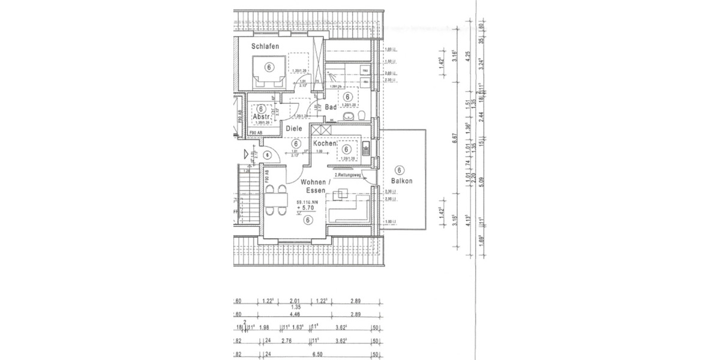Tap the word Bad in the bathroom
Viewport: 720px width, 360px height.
pos(331,107)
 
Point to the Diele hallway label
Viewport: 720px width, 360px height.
pos(293,128)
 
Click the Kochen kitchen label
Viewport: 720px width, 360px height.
pos(324,143)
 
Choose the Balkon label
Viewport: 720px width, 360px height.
pos(401,181)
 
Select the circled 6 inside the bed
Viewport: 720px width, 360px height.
pos(268,67)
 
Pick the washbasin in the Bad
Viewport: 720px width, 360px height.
pos(347,116)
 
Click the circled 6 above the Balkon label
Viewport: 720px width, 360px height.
pos(401,170)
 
